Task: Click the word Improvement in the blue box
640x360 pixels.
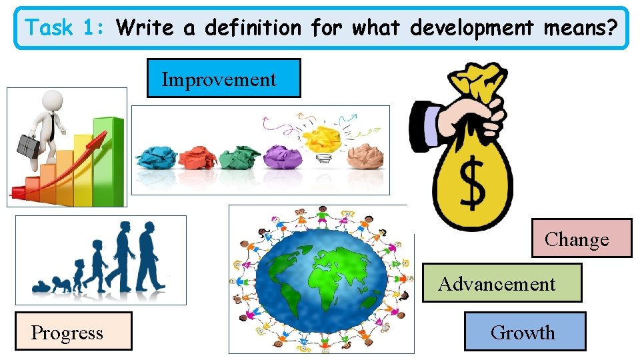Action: pyautogui.click(x=219, y=80)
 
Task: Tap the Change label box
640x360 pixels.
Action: pyautogui.click(x=577, y=239)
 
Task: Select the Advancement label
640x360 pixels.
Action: pyautogui.click(x=497, y=284)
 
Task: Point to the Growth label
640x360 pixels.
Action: pyautogui.click(x=523, y=332)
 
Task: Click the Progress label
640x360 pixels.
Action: pyautogui.click(x=67, y=332)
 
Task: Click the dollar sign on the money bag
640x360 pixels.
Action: pyautogui.click(x=473, y=183)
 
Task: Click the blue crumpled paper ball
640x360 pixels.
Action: pyautogui.click(x=156, y=157)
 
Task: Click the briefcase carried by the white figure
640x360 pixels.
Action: pyautogui.click(x=29, y=145)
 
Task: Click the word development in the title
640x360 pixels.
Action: pyautogui.click(x=472, y=28)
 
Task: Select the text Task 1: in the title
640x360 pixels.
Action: pyautogui.click(x=63, y=28)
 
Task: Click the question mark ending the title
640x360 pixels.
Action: pyautogui.click(x=612, y=28)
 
